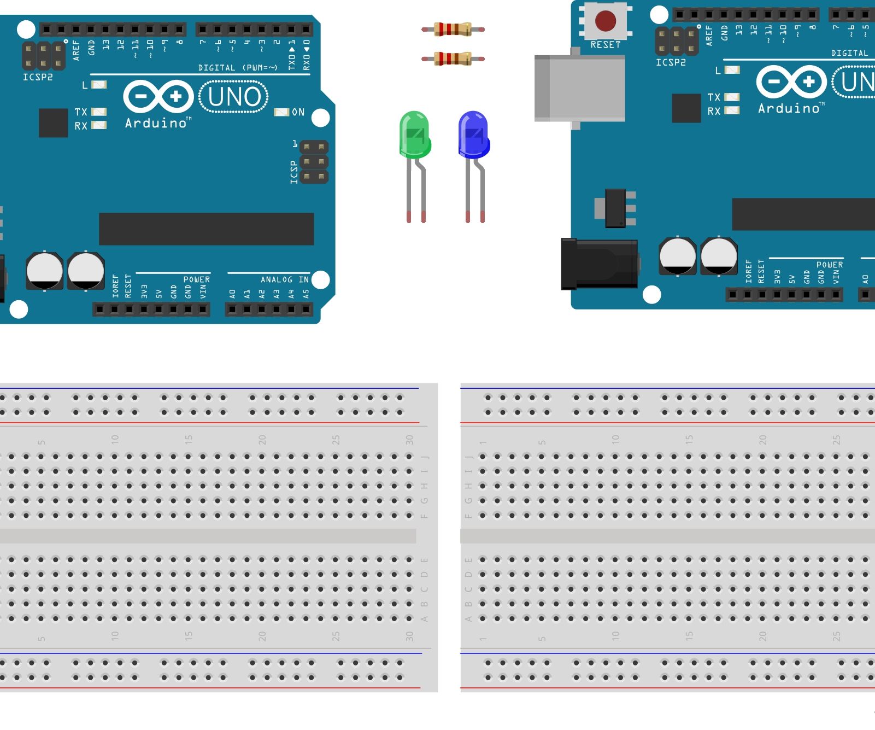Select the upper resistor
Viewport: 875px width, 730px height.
tap(453, 29)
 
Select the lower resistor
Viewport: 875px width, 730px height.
tap(453, 59)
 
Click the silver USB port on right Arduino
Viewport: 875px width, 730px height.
tap(580, 88)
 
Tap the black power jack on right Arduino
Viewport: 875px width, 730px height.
tap(599, 264)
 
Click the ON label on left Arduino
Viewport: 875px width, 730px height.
tap(298, 112)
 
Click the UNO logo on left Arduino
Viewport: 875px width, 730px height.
tap(234, 97)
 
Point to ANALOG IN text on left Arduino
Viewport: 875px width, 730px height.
tap(284, 279)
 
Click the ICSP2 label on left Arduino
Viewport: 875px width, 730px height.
tap(38, 77)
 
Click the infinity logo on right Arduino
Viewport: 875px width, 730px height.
tap(791, 82)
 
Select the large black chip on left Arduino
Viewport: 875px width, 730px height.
tap(206, 229)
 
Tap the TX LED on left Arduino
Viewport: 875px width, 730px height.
tap(99, 112)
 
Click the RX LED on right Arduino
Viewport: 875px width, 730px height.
tap(732, 110)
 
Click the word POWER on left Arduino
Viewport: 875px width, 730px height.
tap(196, 279)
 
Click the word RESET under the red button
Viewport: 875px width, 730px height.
tap(605, 45)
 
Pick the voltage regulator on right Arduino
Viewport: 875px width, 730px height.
tap(616, 208)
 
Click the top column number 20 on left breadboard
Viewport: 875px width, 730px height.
tap(262, 440)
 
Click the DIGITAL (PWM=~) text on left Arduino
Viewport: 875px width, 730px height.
tap(238, 68)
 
